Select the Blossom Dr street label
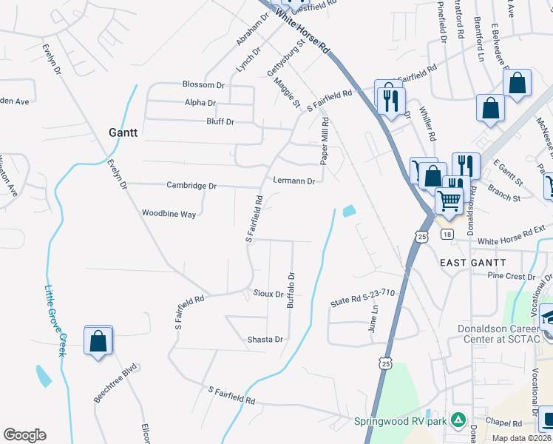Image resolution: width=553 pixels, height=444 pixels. tap(203, 85)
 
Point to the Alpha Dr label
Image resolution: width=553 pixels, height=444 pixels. tap(200, 103)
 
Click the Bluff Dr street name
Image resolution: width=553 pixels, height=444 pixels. tap(219, 121)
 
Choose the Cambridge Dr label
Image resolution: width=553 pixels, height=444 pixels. tap(191, 186)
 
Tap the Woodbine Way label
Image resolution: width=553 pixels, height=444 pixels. tap(169, 213)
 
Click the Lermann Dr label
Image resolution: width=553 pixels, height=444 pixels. tap(294, 181)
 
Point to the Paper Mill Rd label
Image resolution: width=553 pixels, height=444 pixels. tap(323, 140)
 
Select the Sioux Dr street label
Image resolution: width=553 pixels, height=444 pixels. tap(268, 294)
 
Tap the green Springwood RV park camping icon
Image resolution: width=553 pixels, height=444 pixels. tap(458, 420)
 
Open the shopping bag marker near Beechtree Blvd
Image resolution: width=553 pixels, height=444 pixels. tap(98, 341)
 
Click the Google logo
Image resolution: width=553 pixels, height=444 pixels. tap(24, 435)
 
